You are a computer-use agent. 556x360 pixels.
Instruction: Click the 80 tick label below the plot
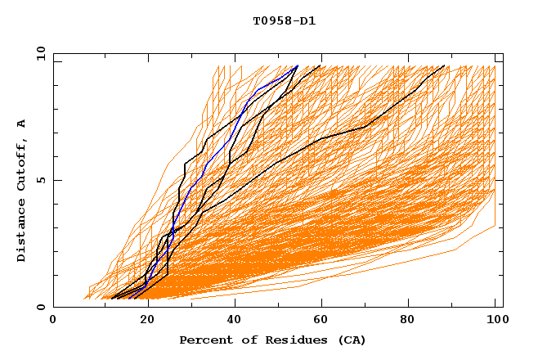(409, 321)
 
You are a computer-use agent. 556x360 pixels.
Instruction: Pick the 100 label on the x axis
(495, 321)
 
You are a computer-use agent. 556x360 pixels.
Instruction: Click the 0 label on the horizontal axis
(54, 321)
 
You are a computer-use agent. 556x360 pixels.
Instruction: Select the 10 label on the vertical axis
(38, 53)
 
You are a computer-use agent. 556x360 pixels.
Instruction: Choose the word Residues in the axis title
(291, 340)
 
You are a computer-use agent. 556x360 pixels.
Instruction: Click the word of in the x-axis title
(244, 340)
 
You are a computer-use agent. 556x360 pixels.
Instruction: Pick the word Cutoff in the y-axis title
(21, 162)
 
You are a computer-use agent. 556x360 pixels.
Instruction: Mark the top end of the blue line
(298, 66)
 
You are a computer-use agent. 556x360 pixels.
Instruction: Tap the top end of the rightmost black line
(444, 66)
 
